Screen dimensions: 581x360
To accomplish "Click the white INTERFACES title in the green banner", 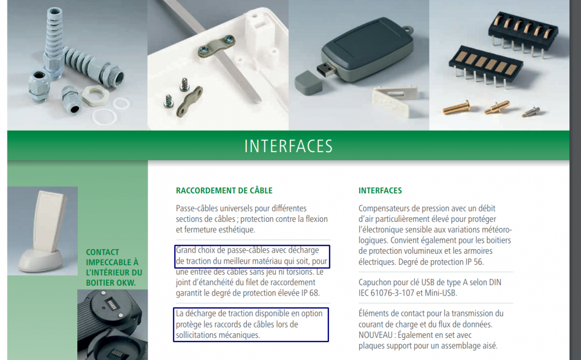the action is (288, 146).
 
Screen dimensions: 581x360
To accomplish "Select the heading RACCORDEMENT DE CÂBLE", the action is (224, 190).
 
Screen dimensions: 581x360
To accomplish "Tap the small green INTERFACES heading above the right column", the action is (380, 190).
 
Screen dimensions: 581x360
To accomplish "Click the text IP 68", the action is (310, 293).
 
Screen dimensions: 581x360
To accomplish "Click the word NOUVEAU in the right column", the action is (375, 335).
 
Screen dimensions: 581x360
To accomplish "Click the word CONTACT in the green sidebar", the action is (103, 252).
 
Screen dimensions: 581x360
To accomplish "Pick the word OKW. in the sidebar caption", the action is (125, 283).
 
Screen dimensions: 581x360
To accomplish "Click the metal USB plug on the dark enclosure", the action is (325, 70).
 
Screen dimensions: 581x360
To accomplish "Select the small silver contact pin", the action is (532, 111).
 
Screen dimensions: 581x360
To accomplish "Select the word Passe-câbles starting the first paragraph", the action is (199, 208).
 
